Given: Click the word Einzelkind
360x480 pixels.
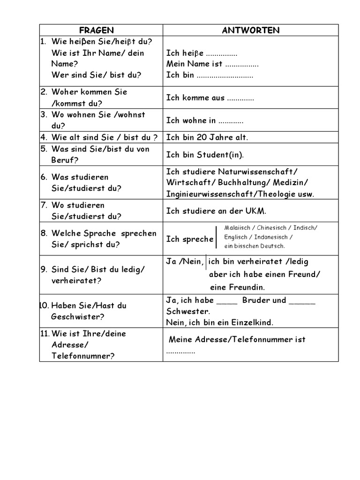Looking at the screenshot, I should pyautogui.click(x=254, y=322).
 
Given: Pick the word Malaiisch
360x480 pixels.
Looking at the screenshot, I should pyautogui.click(x=236, y=228).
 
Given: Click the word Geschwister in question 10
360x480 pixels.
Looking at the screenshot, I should pyautogui.click(x=75, y=316).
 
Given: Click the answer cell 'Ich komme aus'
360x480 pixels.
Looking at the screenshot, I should pyautogui.click(x=210, y=98).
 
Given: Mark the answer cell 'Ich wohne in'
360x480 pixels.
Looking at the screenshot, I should pyautogui.click(x=205, y=120).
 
